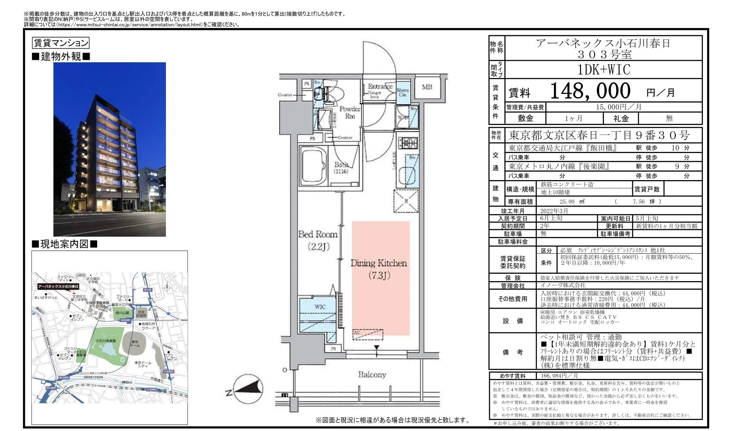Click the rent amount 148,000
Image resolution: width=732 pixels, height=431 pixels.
(x=590, y=91)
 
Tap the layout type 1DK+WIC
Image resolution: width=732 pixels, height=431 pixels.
(x=603, y=70)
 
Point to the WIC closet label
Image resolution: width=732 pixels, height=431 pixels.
(x=320, y=307)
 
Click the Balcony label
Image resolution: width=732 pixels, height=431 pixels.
(x=372, y=374)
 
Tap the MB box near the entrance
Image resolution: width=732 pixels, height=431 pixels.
(x=427, y=87)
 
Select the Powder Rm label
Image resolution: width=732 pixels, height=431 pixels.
(x=350, y=112)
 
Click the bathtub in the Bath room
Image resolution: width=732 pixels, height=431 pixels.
(x=314, y=167)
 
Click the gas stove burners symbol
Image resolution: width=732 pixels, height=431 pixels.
(x=407, y=143)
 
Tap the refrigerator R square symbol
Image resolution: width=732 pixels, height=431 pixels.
(x=406, y=201)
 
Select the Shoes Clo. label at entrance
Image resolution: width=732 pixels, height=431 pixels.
(x=403, y=92)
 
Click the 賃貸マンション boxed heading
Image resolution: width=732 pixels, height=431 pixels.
(x=61, y=43)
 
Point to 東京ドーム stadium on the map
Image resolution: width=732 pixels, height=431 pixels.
(x=135, y=343)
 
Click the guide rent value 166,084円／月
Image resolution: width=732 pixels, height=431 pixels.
(x=559, y=376)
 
